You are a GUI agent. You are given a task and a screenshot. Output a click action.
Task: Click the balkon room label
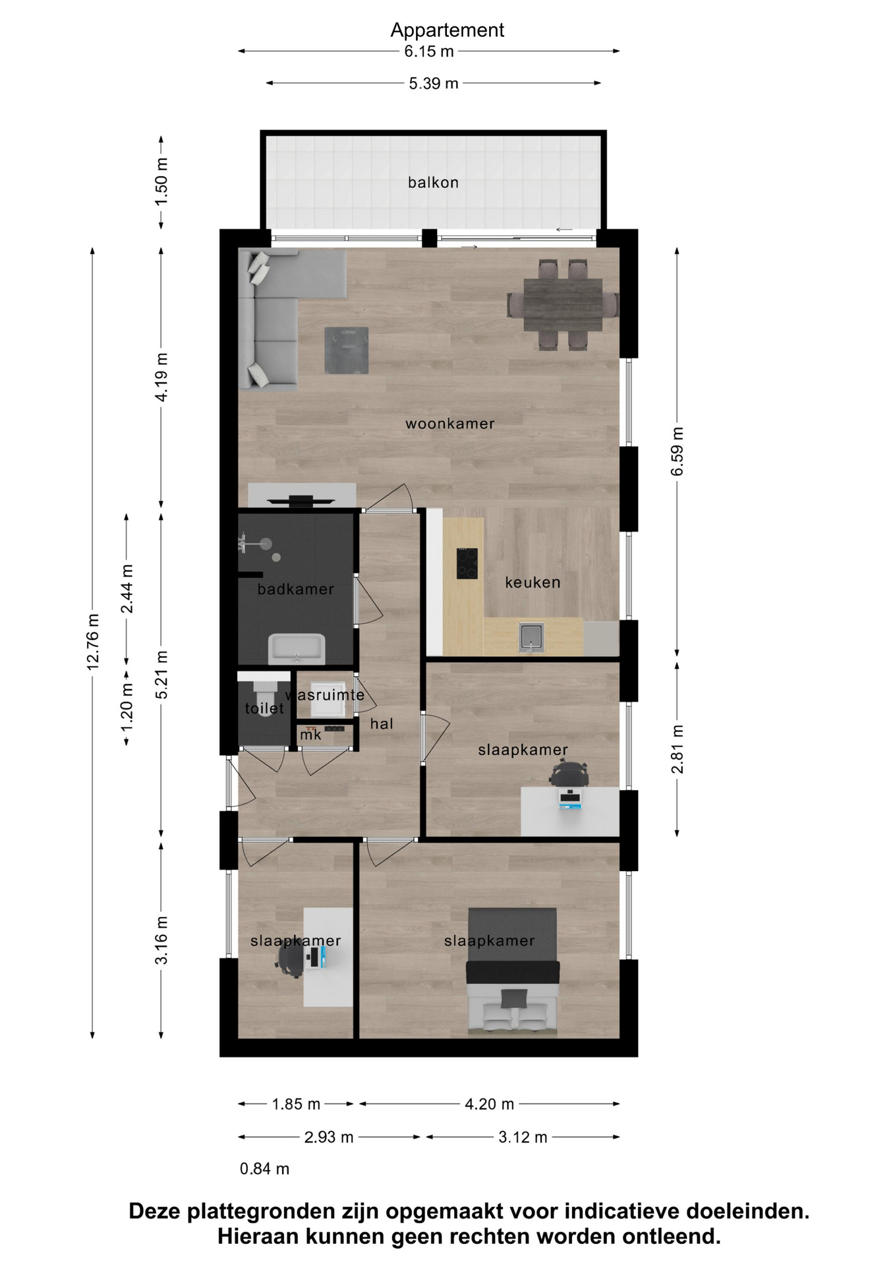click(433, 183)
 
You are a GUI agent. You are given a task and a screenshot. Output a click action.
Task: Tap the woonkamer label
click(449, 424)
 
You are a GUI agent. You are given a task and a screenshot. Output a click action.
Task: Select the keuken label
click(533, 582)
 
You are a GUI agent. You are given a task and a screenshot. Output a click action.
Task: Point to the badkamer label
click(295, 589)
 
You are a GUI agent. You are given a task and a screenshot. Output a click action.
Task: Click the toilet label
click(264, 708)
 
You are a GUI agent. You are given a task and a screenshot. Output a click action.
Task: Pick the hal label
click(382, 723)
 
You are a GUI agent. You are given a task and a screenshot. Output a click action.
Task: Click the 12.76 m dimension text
click(93, 642)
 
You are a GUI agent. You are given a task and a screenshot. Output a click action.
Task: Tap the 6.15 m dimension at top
click(429, 51)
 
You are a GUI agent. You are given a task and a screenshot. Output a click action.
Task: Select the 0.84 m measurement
click(264, 1169)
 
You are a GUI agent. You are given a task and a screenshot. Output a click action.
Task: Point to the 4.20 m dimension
click(489, 1104)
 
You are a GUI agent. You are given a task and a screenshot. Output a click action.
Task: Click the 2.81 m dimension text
click(678, 750)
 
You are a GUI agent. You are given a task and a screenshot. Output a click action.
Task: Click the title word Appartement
click(447, 30)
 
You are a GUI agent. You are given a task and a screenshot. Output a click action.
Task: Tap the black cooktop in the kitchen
click(467, 563)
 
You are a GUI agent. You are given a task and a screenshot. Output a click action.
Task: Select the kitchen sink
click(531, 637)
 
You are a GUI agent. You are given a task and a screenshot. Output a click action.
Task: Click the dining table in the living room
click(563, 305)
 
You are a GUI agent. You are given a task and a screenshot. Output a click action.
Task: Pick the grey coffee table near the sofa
click(346, 351)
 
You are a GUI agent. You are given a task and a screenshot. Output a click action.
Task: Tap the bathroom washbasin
click(297, 648)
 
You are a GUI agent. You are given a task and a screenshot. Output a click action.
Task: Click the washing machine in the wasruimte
click(328, 699)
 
